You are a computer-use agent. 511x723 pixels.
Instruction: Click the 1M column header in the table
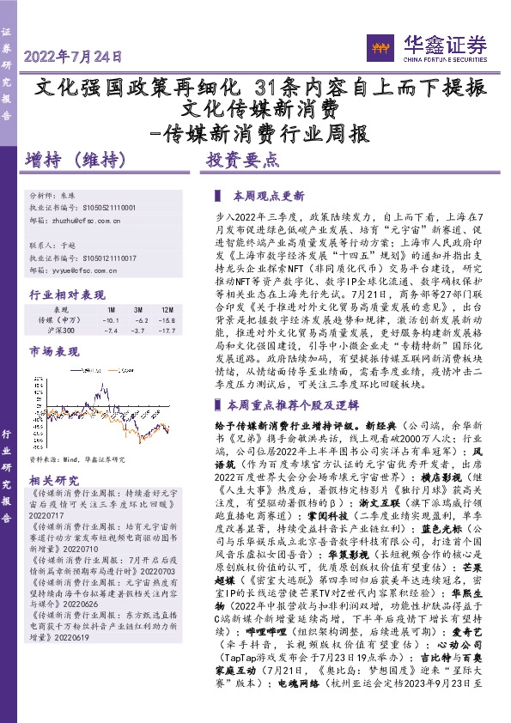pyautogui.click(x=111, y=309)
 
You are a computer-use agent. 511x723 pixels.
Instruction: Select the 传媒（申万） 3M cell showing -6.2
pyautogui.click(x=137, y=319)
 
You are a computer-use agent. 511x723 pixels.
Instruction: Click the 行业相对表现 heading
pyautogui.click(x=61, y=295)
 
